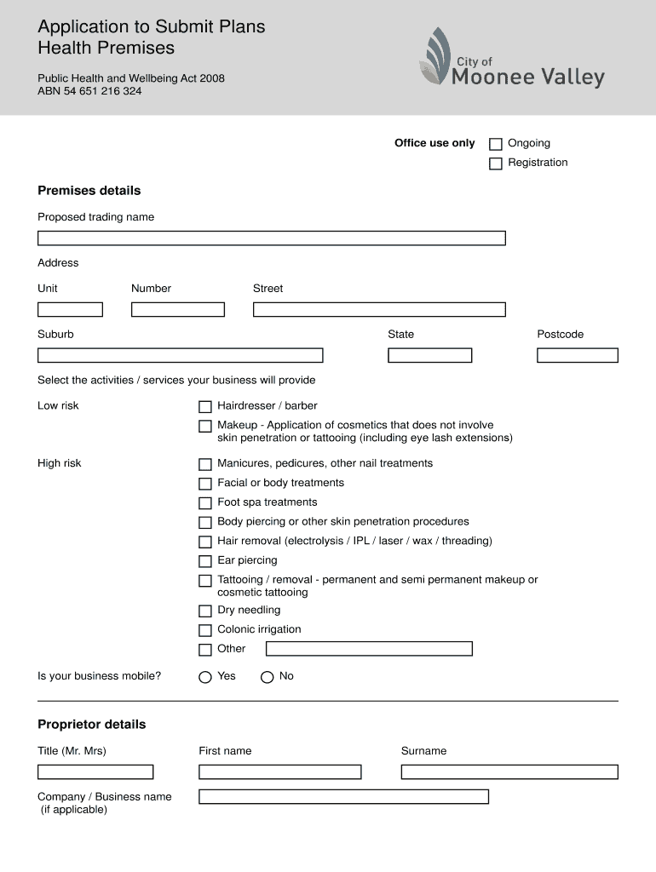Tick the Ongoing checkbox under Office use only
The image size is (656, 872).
pyautogui.click(x=495, y=144)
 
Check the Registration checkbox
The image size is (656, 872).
pyautogui.click(x=495, y=163)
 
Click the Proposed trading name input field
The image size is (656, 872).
pyautogui.click(x=271, y=238)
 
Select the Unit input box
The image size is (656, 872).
pyautogui.click(x=70, y=310)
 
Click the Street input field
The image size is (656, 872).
pyautogui.click(x=379, y=310)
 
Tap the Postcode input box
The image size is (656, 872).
pyautogui.click(x=577, y=355)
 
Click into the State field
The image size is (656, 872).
pyautogui.click(x=429, y=355)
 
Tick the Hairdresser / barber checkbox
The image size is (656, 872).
pyautogui.click(x=204, y=407)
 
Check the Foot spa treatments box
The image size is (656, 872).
pyautogui.click(x=204, y=503)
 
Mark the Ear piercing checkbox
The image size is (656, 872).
pyautogui.click(x=204, y=561)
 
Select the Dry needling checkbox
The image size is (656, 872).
pyautogui.click(x=204, y=611)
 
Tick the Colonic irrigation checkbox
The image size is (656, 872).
pyautogui.click(x=204, y=630)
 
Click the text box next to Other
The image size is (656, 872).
pyautogui.click(x=369, y=649)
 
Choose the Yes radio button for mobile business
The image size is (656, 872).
pyautogui.click(x=204, y=677)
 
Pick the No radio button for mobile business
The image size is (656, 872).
pyautogui.click(x=267, y=677)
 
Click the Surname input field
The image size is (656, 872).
pyautogui.click(x=509, y=772)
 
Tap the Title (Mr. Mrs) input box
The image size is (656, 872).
pyautogui.click(x=95, y=772)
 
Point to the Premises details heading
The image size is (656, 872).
pyautogui.click(x=89, y=191)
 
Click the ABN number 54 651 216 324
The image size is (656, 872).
pyautogui.click(x=89, y=91)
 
